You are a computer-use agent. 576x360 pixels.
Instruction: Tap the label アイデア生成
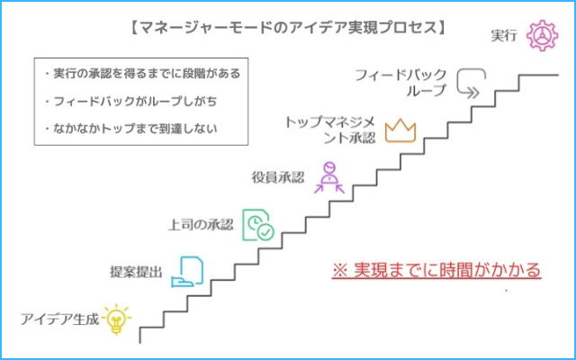[59, 319]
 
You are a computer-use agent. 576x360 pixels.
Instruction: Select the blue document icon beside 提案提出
[187, 272]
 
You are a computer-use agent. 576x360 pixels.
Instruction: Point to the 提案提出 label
[136, 272]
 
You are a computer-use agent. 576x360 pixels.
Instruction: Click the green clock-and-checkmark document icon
[258, 225]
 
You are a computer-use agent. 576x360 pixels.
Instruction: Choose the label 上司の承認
[201, 224]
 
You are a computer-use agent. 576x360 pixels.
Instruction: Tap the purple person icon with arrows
[329, 178]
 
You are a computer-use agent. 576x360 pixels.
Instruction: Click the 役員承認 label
[278, 177]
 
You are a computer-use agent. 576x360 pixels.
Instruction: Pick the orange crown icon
[400, 130]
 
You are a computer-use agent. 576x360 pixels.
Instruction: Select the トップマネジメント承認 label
[330, 130]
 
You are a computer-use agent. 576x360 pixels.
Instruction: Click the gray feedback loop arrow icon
[472, 84]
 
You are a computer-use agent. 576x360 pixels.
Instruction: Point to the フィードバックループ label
[400, 83]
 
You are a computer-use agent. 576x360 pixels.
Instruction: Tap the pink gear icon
[542, 36]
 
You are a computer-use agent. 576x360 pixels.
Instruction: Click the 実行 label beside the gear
[504, 36]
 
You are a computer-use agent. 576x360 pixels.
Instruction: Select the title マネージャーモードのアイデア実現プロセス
[288, 28]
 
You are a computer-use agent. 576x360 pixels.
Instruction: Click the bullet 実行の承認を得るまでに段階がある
[142, 74]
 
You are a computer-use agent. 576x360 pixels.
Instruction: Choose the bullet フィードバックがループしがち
[130, 101]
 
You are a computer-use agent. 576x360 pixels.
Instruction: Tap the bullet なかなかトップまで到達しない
[130, 129]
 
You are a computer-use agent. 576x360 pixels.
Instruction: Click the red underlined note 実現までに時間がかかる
[436, 271]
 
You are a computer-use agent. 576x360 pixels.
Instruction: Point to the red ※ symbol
[340, 270]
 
